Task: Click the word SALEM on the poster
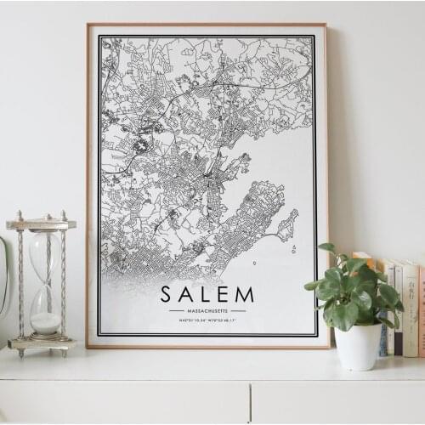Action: (207, 295)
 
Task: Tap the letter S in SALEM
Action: (167, 295)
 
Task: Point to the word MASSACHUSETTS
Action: (207, 311)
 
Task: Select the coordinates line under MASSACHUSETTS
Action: (207, 320)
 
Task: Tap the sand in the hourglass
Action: (46, 323)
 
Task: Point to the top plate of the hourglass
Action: (41, 224)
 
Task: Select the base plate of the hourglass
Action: (41, 343)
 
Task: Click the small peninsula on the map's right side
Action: (287, 225)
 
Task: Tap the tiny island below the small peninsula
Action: (293, 249)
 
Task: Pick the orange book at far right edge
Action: (421, 310)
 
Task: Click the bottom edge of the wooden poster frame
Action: (207, 346)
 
